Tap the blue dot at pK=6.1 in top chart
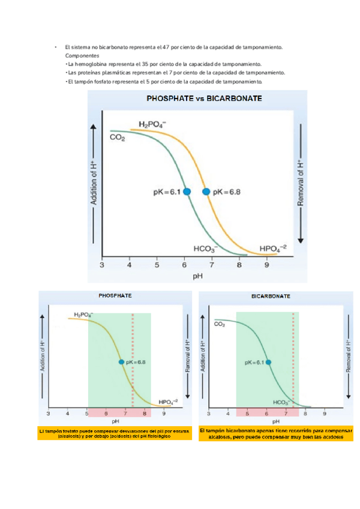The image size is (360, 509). point(187,191)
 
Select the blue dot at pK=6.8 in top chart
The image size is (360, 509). point(206,191)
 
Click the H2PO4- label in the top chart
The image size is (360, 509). point(152,124)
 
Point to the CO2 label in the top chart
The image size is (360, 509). point(117,138)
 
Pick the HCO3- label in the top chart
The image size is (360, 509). point(206,248)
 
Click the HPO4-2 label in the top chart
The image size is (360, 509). point(273,248)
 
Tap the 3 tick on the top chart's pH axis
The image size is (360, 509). point(102,265)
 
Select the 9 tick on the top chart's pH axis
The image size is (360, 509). point(266,265)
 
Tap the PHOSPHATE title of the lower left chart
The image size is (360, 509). point(115,296)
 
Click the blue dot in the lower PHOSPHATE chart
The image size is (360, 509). point(122,362)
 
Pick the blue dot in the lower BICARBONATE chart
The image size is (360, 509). point(268,362)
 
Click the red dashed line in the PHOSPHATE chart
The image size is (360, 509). point(133,360)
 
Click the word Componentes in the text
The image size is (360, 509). point(82,55)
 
